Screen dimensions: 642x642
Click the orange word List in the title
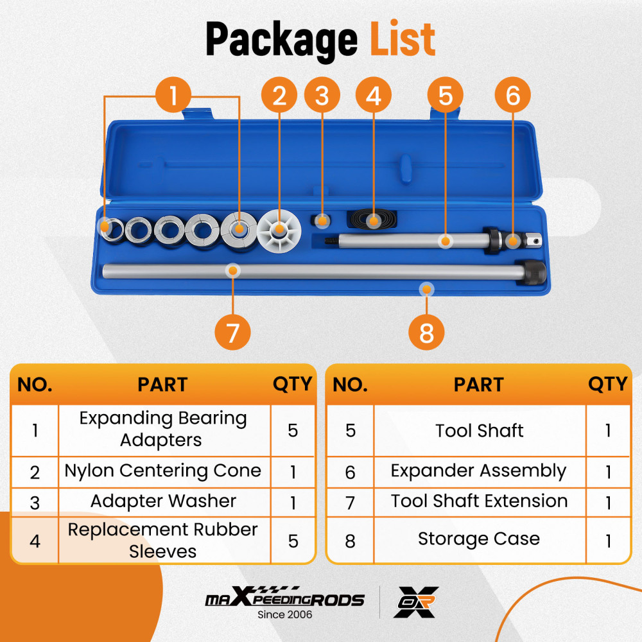click(402, 39)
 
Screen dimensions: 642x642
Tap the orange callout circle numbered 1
click(173, 95)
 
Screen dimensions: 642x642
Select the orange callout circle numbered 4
click(374, 95)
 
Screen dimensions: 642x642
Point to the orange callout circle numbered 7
click(232, 332)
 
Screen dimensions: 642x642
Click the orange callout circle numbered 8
click(426, 332)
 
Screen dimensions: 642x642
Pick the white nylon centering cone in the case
click(279, 230)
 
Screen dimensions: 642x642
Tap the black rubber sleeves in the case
click(372, 219)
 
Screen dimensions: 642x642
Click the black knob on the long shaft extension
click(531, 272)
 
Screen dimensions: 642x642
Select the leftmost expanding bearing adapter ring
click(111, 230)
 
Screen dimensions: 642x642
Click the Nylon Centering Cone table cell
click(163, 471)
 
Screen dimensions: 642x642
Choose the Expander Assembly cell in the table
click(479, 471)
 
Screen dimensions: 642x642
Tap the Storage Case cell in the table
click(479, 539)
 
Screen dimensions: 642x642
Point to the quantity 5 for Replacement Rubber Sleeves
click(293, 541)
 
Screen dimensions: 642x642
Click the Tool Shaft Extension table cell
click(479, 501)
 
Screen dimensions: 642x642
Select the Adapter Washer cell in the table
click(163, 501)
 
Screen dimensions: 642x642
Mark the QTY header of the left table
click(292, 385)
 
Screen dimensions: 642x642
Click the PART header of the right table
click(479, 385)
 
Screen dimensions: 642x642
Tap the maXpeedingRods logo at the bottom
click(284, 598)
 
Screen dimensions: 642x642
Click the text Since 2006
click(284, 614)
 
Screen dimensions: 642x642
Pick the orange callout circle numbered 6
click(512, 95)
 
